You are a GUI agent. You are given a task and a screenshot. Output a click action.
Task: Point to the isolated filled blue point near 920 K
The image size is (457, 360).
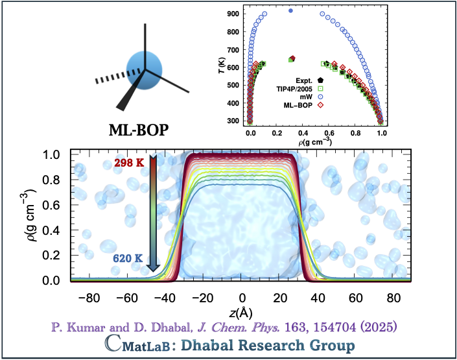pos(290,10)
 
